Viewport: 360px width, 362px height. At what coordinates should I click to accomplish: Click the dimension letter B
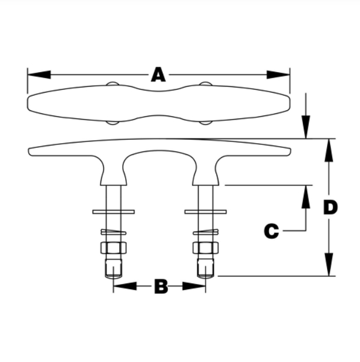click(x=161, y=286)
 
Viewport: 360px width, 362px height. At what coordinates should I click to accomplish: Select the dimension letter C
click(x=271, y=231)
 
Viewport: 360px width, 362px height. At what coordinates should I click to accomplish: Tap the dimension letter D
click(x=331, y=207)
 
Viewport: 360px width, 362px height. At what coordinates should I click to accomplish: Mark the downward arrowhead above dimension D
click(x=305, y=127)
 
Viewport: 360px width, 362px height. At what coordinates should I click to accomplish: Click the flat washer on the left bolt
click(x=113, y=211)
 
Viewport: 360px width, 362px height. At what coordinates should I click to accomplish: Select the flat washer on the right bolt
click(x=206, y=211)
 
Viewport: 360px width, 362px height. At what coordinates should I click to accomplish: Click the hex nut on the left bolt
click(x=113, y=247)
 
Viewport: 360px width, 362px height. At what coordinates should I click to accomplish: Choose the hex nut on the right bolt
click(x=206, y=247)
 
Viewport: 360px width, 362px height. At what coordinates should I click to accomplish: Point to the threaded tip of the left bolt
click(x=113, y=268)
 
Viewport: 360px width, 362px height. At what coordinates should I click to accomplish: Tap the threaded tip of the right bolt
click(x=206, y=268)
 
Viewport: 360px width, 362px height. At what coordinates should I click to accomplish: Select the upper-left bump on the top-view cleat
click(x=112, y=85)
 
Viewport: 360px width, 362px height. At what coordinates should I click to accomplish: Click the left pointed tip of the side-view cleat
click(x=31, y=150)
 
